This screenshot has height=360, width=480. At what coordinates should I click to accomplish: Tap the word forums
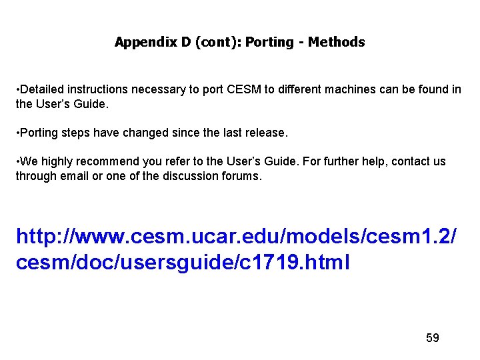[245, 176]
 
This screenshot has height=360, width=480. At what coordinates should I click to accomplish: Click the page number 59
[433, 338]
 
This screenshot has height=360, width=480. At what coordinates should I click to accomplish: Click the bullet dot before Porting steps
[18, 133]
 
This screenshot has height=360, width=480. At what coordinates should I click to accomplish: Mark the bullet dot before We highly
[18, 161]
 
